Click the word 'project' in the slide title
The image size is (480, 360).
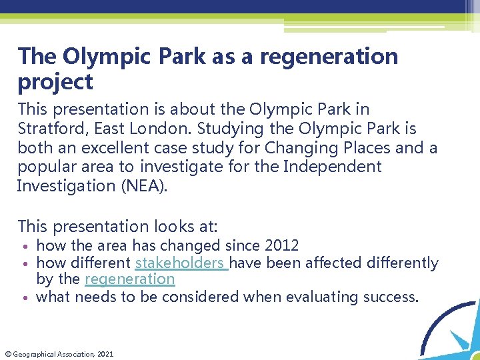55,83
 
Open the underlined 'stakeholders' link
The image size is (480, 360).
180,263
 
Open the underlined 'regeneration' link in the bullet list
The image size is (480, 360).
129,279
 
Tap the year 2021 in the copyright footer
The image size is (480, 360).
105,354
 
